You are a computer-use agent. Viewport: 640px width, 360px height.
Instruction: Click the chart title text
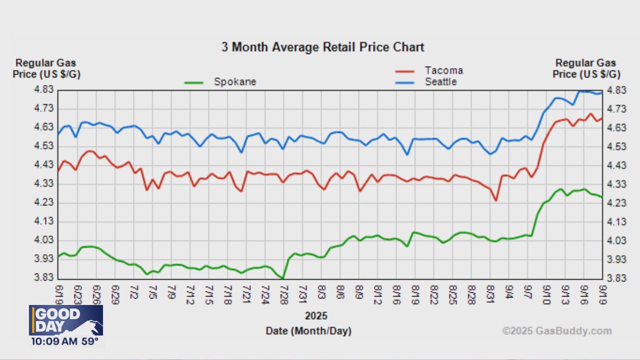[323, 47]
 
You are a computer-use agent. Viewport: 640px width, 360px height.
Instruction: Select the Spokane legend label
[235, 81]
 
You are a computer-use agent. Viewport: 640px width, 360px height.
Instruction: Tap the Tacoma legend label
[443, 70]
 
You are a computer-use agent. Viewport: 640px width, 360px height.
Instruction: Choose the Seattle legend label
[440, 81]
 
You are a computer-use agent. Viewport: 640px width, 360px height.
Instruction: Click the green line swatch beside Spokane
[194, 82]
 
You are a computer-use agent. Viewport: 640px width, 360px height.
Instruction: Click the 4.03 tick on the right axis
[615, 240]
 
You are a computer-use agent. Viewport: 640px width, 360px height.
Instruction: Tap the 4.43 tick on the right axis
[615, 165]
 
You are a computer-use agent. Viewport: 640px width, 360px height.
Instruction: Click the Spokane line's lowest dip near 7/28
[283, 278]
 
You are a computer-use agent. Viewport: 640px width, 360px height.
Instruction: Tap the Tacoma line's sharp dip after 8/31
[495, 200]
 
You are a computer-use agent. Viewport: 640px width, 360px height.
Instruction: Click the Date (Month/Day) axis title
[308, 331]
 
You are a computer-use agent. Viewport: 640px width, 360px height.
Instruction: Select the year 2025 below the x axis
[316, 316]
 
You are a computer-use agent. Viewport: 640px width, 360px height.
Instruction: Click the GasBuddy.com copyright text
[556, 331]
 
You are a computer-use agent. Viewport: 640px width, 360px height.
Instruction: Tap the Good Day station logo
[66, 320]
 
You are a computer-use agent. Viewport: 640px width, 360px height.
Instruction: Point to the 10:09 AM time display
[52, 341]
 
